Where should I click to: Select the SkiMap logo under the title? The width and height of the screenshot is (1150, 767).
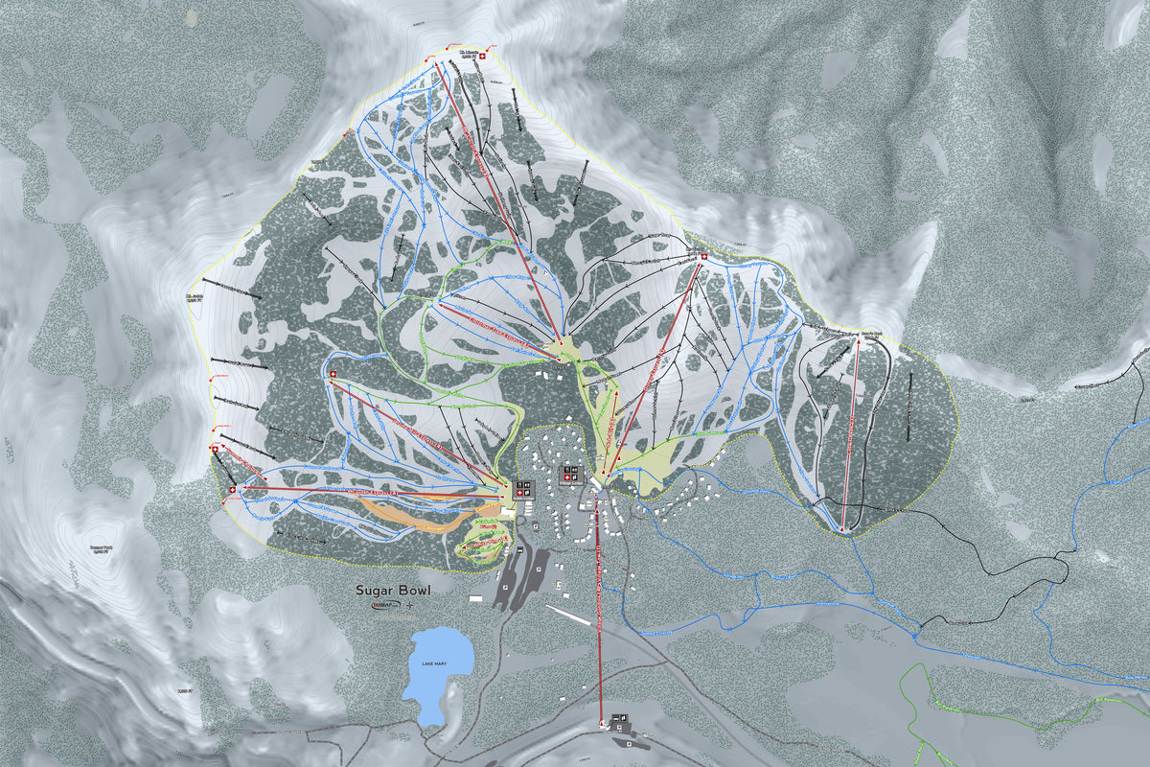pyautogui.click(x=381, y=606)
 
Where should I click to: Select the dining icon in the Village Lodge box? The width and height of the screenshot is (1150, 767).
pyautogui.click(x=575, y=470)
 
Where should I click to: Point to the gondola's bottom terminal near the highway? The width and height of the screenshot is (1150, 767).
pyautogui.click(x=603, y=722)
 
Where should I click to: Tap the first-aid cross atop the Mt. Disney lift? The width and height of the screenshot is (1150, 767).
pyautogui.click(x=704, y=257)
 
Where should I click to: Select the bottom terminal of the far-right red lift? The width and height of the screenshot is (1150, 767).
pyautogui.click(x=841, y=528)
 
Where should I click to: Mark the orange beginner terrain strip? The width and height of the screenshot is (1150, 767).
pyautogui.click(x=422, y=519)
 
